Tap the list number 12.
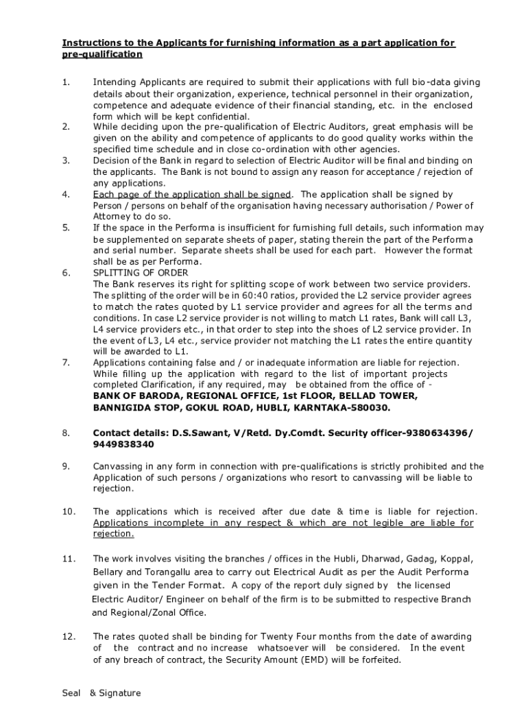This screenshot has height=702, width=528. pyautogui.click(x=68, y=637)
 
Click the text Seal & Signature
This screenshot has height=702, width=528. pyautogui.click(x=101, y=692)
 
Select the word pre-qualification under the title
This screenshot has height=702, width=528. pyautogui.click(x=101, y=54)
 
